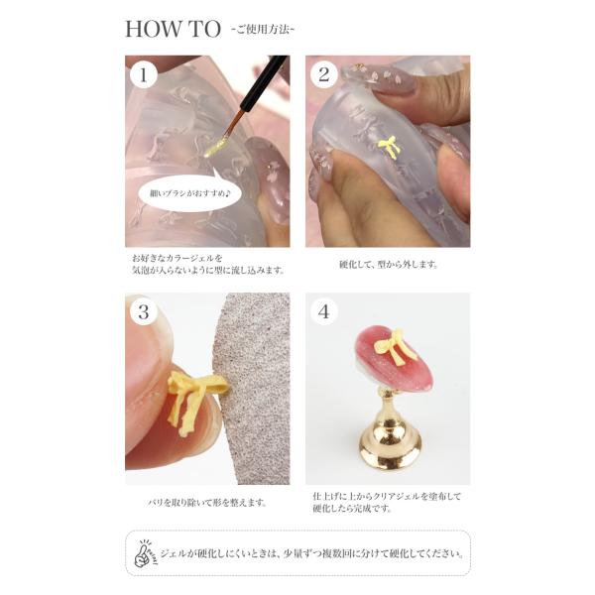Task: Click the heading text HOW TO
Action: point(173,29)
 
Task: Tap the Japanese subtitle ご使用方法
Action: point(263,30)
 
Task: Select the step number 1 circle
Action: point(144,74)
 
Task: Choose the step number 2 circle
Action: point(323,74)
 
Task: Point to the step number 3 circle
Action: point(144,312)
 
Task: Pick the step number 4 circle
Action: point(323,312)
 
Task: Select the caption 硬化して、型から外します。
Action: point(389,265)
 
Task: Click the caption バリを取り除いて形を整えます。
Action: point(207,503)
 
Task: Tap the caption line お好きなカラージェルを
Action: point(178,259)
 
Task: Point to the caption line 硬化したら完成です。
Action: point(352,509)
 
